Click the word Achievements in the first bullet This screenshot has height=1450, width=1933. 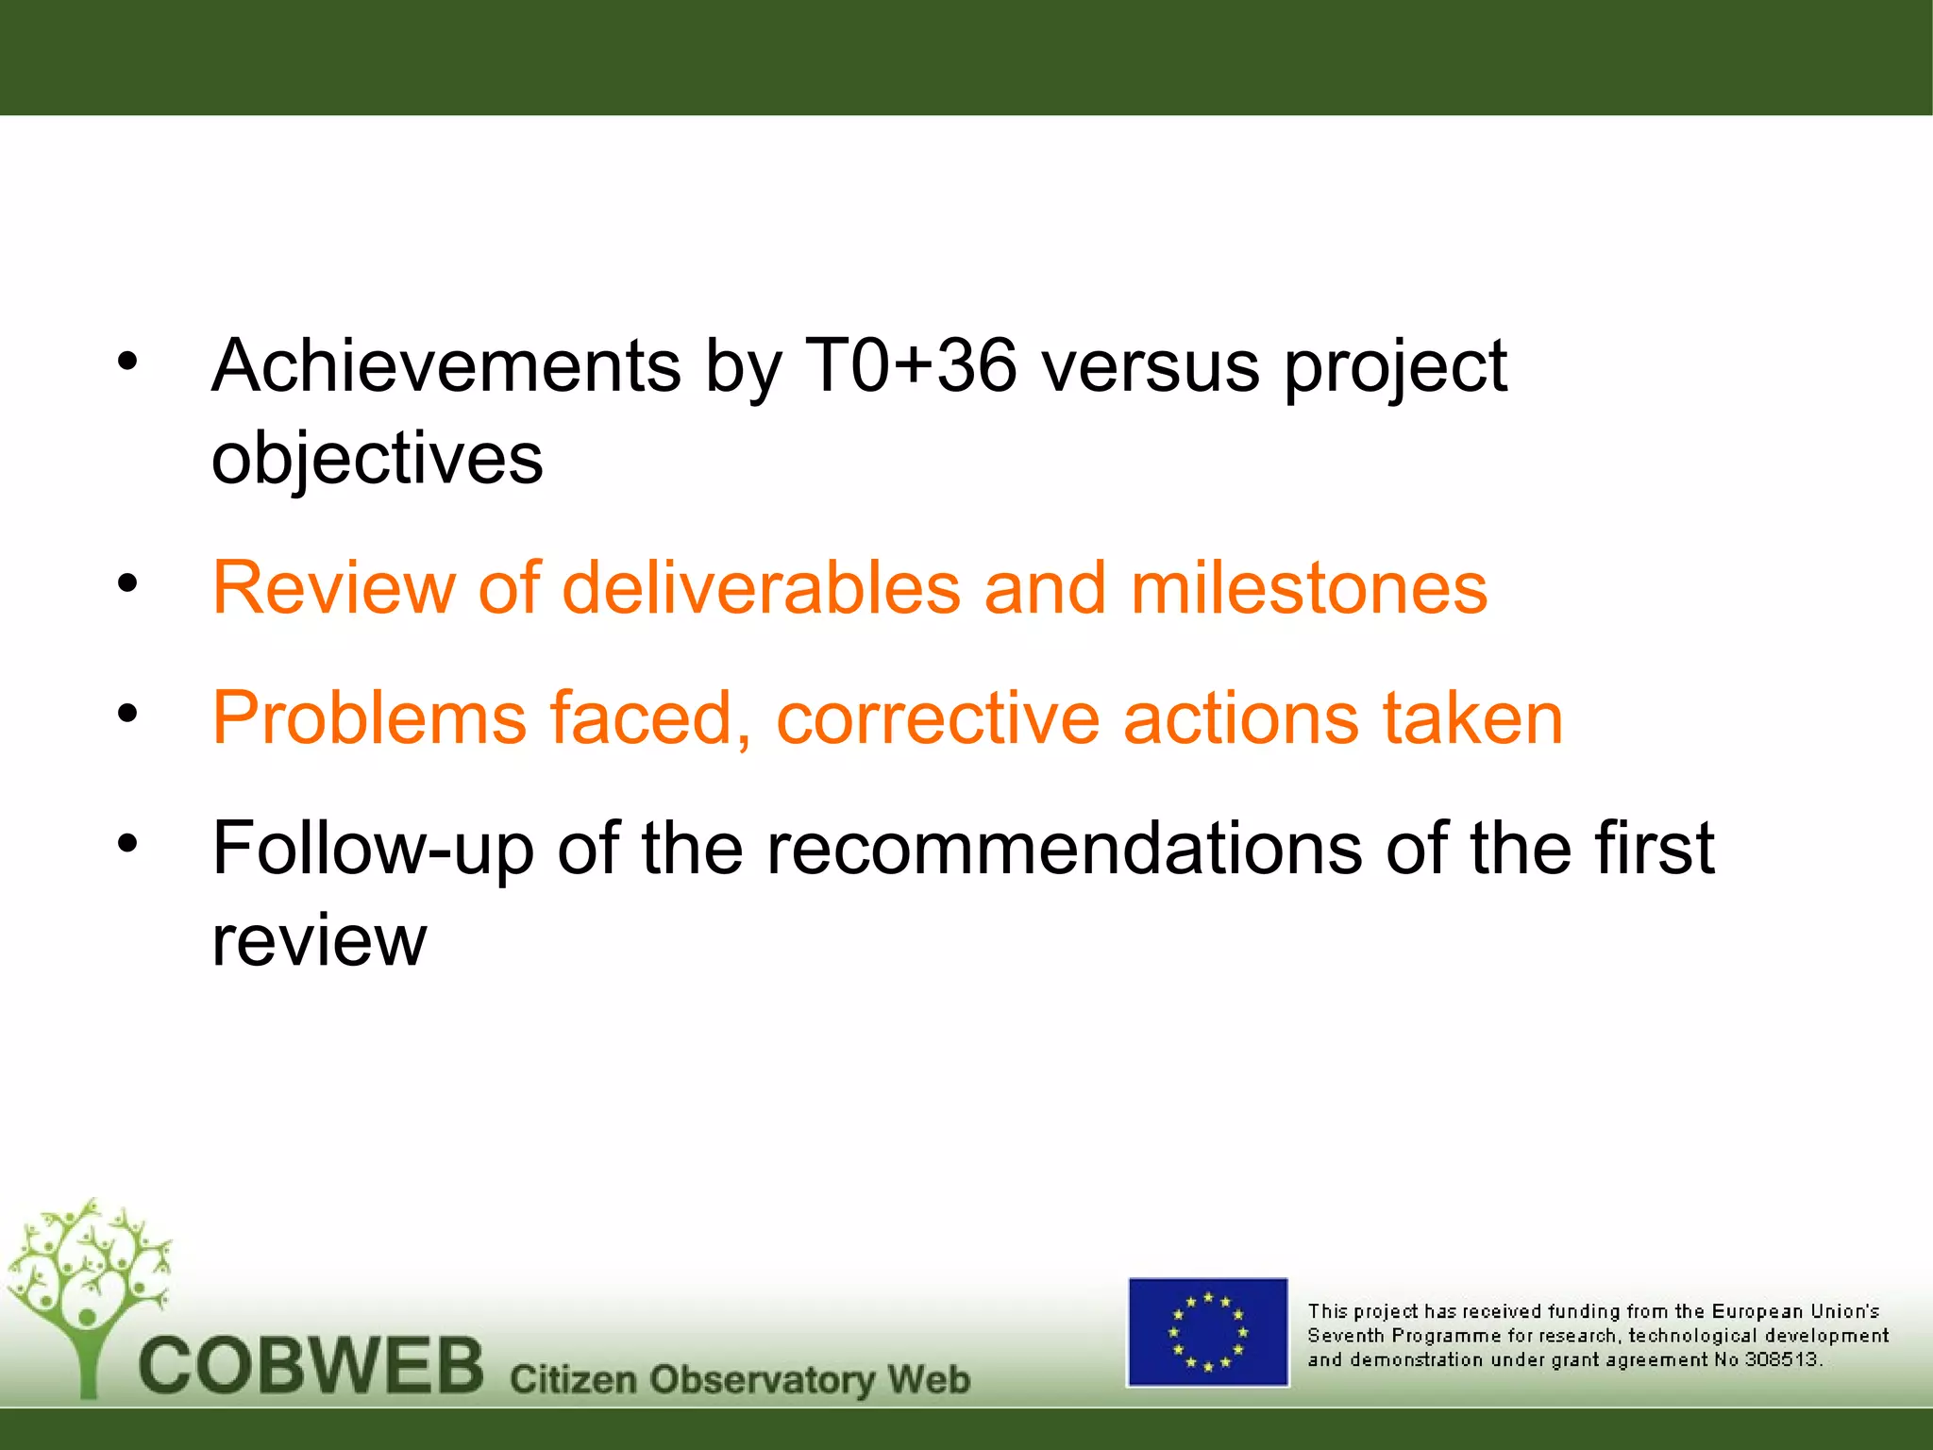point(445,366)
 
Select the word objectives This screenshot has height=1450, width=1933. point(377,459)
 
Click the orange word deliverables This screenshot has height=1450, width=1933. point(761,588)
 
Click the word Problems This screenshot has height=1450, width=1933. point(369,718)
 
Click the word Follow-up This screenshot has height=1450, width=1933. point(373,849)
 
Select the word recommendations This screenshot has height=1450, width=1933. point(1064,849)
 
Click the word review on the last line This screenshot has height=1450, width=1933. point(319,940)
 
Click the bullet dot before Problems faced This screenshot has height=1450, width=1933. point(127,713)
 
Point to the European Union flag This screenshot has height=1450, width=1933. point(1207,1332)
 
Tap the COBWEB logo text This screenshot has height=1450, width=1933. point(311,1367)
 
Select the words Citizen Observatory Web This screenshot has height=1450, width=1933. point(739,1379)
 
